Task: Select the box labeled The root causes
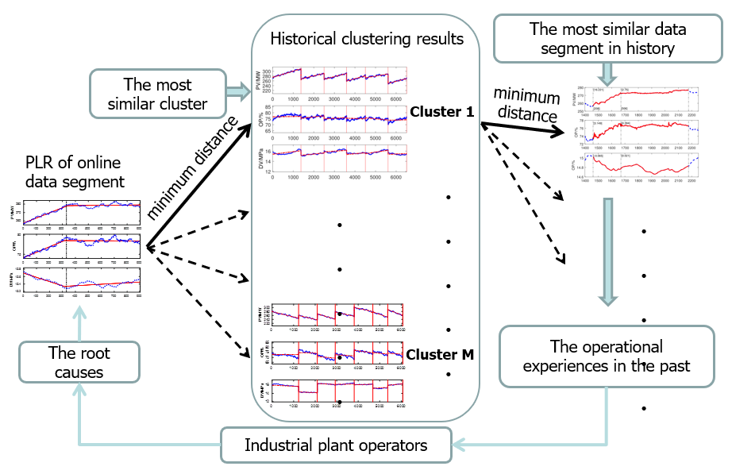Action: point(79,363)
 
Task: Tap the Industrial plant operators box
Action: point(336,445)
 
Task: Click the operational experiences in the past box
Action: point(606,356)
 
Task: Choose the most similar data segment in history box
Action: point(606,39)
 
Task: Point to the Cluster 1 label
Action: point(441,112)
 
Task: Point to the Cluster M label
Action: point(441,354)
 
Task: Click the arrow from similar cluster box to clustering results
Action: point(237,92)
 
